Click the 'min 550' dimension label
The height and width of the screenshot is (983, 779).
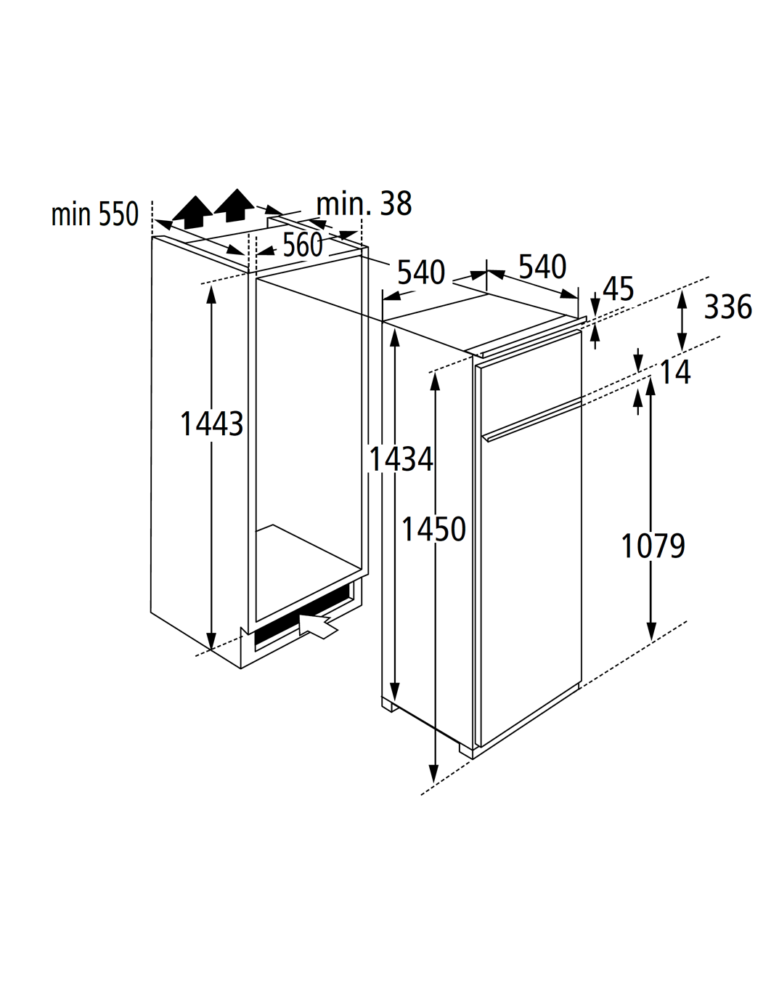point(94,214)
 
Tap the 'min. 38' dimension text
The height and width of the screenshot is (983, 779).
point(364,203)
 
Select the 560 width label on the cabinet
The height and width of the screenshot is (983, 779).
point(303,245)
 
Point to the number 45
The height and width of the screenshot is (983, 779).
point(619,288)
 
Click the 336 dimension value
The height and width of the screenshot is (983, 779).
point(728,307)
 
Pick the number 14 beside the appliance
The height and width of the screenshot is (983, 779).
point(675,372)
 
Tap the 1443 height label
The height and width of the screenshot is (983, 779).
point(212,424)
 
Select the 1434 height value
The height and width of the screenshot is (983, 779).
point(401,459)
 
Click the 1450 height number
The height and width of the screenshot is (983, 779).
point(433,529)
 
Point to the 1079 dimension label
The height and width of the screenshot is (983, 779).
point(653,546)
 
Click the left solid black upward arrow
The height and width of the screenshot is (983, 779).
point(192,213)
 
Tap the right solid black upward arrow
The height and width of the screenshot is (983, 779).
point(234,205)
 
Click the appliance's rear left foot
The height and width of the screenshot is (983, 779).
point(388,706)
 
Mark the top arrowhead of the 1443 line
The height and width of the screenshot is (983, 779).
point(211,294)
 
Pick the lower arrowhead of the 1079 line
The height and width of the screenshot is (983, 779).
point(650,632)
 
